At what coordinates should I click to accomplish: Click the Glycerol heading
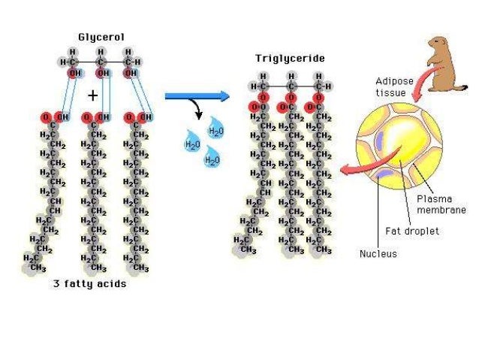point(101,36)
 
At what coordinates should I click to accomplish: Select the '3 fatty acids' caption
point(89,284)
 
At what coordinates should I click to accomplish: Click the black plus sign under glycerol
point(92,95)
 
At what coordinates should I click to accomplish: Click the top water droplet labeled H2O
point(216,129)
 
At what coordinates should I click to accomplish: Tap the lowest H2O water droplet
point(212,158)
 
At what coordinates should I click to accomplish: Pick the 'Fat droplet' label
point(411,231)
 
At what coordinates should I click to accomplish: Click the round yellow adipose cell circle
point(398,147)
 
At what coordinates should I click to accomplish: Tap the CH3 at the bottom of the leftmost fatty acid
point(36,268)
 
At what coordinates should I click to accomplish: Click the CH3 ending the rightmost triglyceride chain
point(323,249)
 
